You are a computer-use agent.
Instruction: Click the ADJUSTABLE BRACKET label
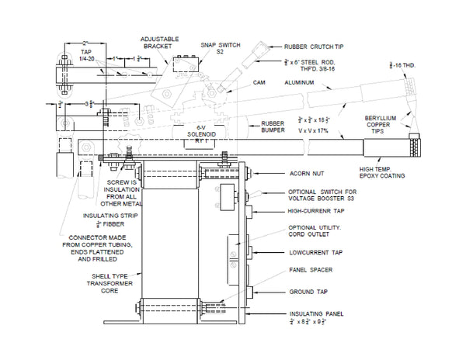point(160,42)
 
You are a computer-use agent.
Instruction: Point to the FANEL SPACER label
point(305,271)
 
